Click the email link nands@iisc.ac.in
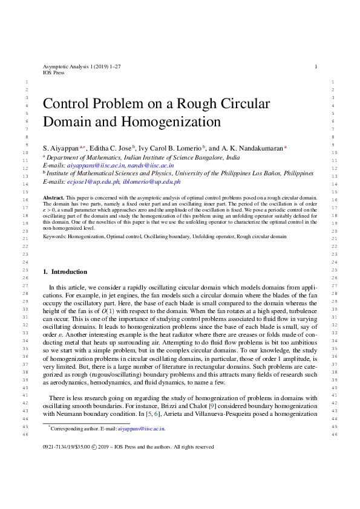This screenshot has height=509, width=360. [x=152, y=164]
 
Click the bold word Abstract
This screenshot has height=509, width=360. [x=53, y=198]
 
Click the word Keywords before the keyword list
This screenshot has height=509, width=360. [x=54, y=237]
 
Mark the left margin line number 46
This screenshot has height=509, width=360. [x=24, y=434]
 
